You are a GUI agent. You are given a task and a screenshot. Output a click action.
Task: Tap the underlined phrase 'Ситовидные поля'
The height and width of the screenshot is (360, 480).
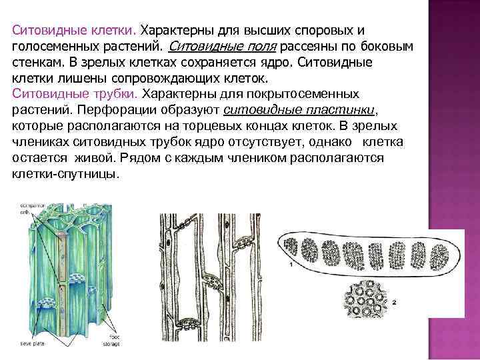point(223,47)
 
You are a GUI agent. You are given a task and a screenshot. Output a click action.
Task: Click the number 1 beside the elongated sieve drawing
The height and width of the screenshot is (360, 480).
point(291,264)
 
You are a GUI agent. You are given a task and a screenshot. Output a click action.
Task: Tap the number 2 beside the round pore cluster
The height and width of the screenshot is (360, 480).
point(393,301)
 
